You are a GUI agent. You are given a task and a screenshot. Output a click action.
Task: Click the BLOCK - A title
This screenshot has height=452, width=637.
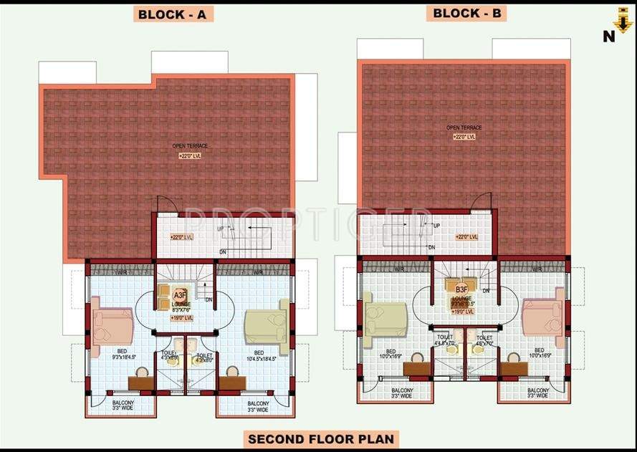tap(173, 14)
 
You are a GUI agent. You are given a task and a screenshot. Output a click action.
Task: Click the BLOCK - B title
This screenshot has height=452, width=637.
tap(466, 12)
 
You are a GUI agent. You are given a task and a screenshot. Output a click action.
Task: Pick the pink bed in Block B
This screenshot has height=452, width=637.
tap(542, 316)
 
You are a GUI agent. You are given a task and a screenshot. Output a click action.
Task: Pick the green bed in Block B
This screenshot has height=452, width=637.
tap(385, 316)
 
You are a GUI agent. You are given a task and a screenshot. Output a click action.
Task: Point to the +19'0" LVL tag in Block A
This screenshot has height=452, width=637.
tap(181, 317)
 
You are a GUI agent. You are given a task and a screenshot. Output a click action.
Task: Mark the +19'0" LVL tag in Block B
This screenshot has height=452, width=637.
tap(462, 311)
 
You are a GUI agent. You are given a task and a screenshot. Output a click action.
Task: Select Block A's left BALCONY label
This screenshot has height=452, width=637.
tap(123, 406)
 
